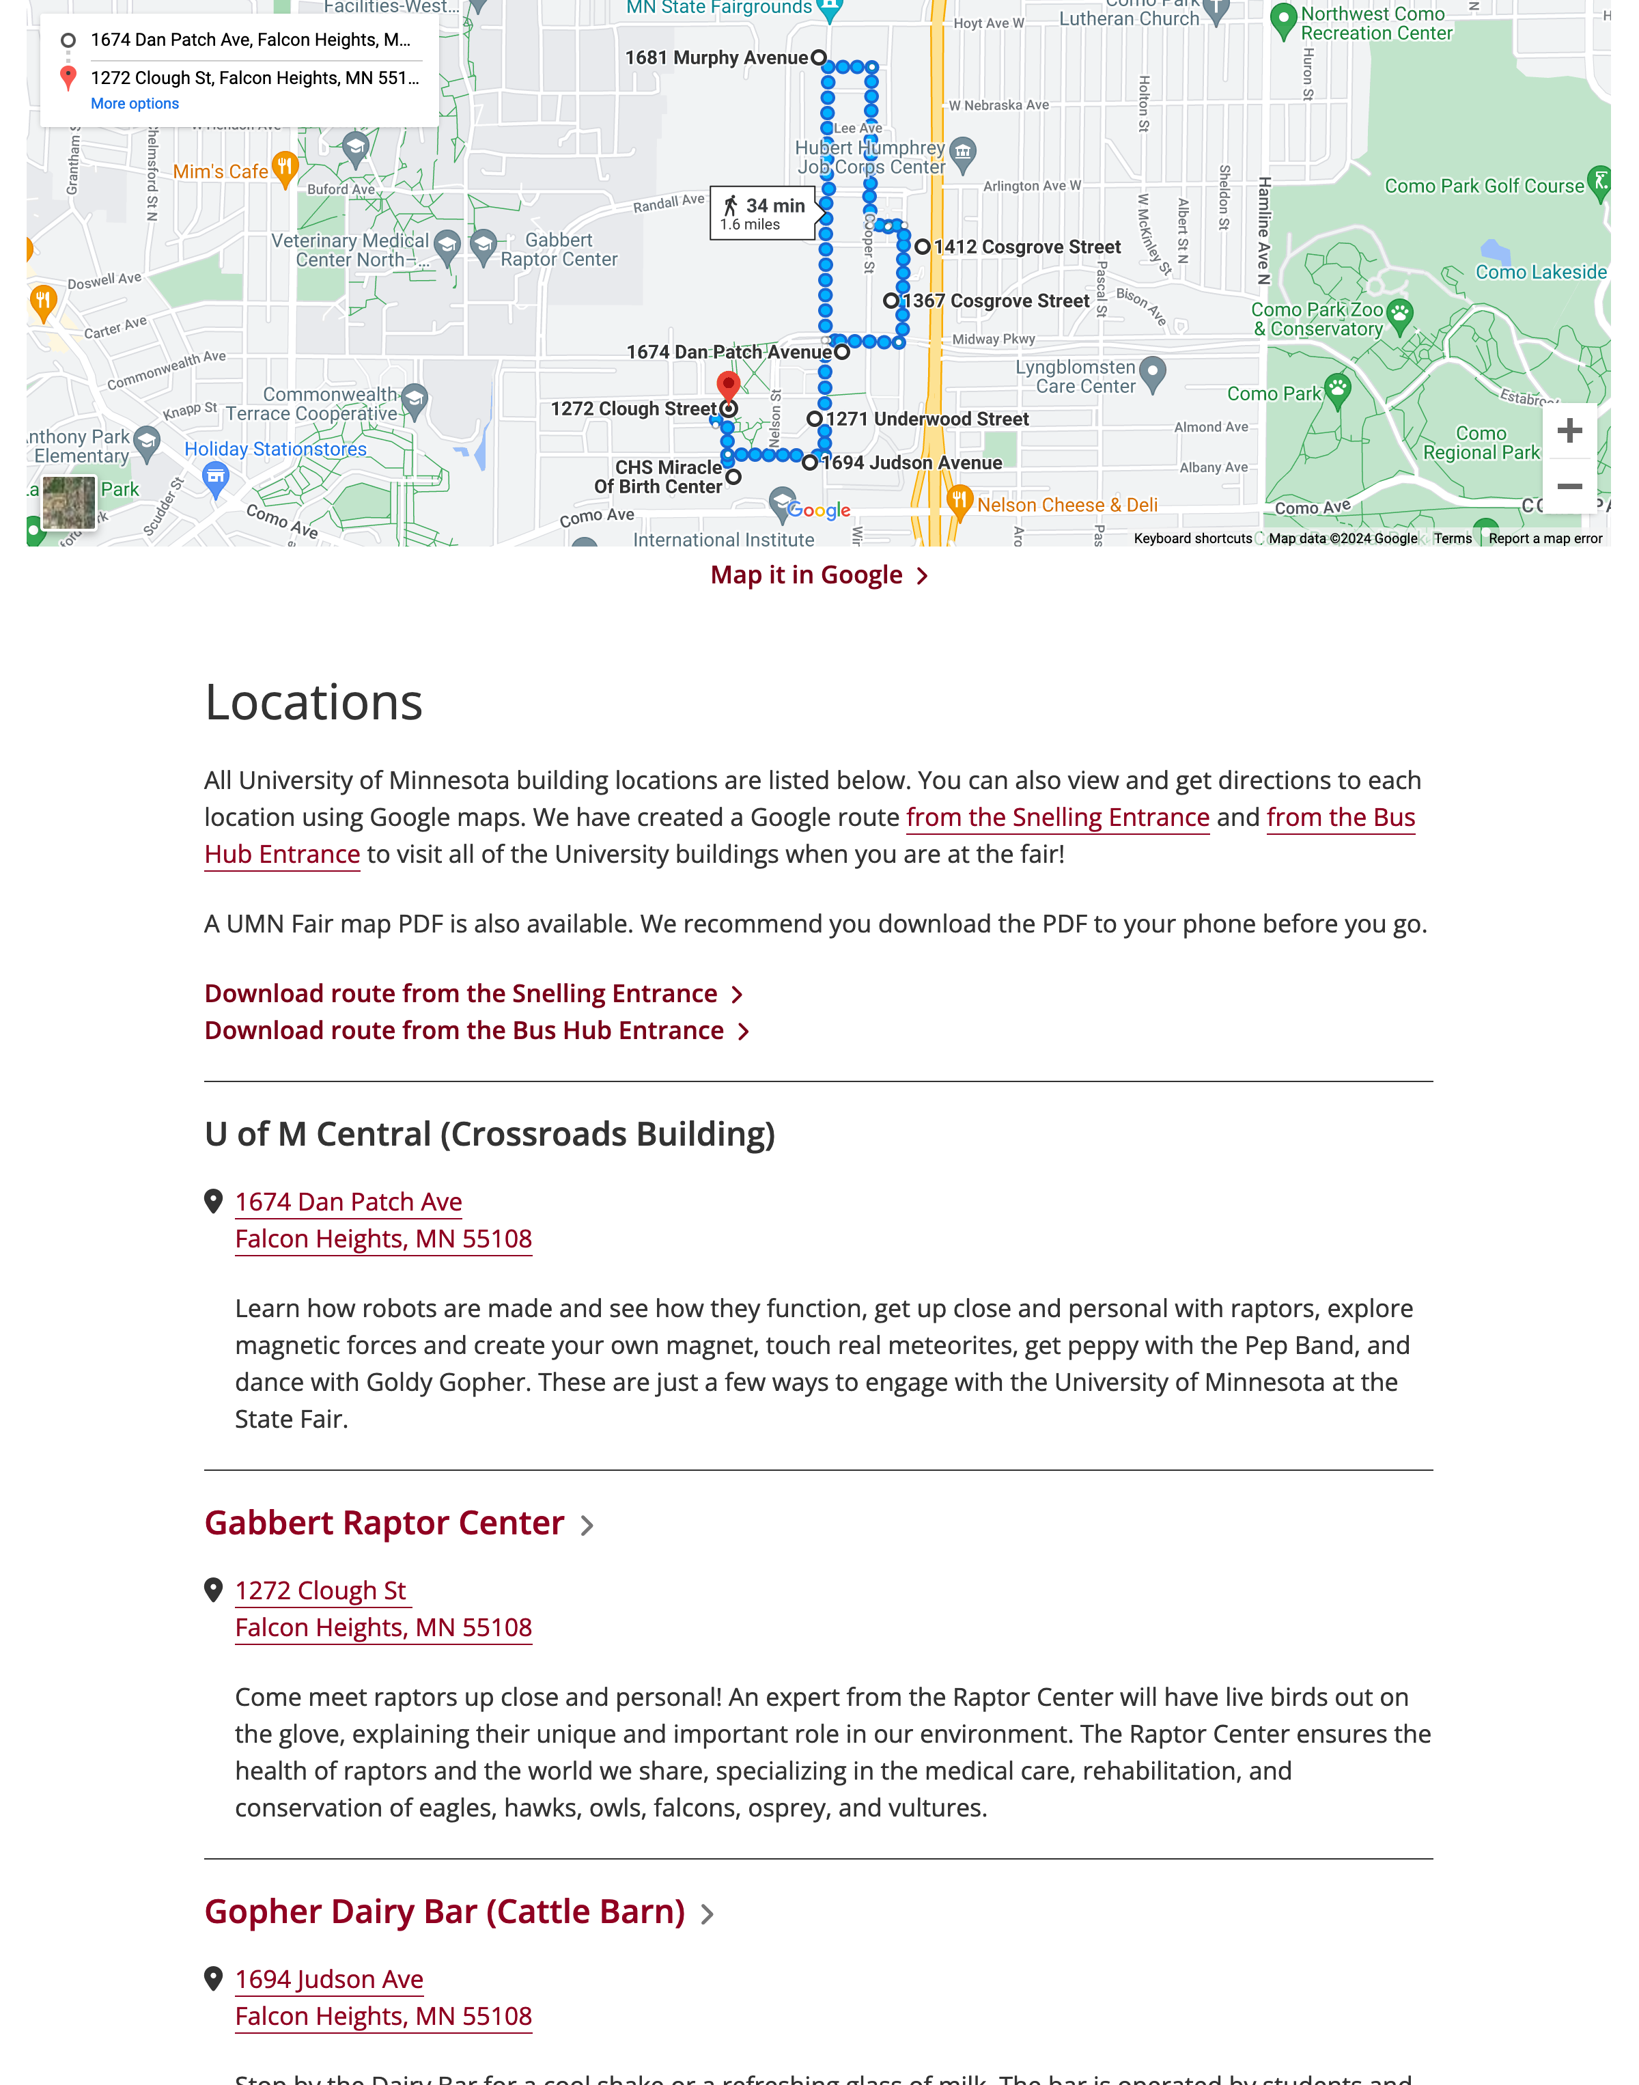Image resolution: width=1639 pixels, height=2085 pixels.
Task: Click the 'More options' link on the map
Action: [135, 104]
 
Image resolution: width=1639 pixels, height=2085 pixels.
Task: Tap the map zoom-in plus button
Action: [1569, 431]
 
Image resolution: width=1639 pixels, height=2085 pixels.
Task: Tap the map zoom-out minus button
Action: [1569, 486]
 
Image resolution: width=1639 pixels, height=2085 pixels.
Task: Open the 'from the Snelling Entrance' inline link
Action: [1056, 818]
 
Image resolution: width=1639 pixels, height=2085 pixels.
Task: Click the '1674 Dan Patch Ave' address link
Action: [348, 1202]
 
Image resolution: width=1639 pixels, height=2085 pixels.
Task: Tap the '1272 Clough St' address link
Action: [320, 1590]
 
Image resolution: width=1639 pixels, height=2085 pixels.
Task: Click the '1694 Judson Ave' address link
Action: [329, 1979]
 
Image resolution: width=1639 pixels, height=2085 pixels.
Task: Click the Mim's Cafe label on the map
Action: [221, 172]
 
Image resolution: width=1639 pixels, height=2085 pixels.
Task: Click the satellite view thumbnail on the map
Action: [69, 502]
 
